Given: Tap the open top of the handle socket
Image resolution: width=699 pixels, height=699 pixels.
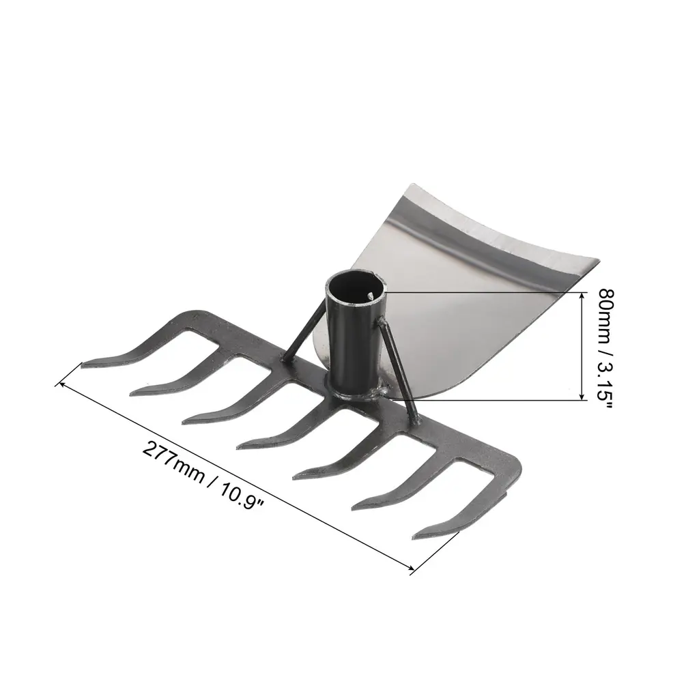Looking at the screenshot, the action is point(354,289).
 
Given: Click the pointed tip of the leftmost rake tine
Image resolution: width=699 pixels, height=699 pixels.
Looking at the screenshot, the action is point(83,365).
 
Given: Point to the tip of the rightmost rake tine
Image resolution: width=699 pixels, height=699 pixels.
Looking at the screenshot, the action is point(414,537).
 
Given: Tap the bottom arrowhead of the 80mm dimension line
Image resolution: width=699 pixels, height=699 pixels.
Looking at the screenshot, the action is point(582,397).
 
